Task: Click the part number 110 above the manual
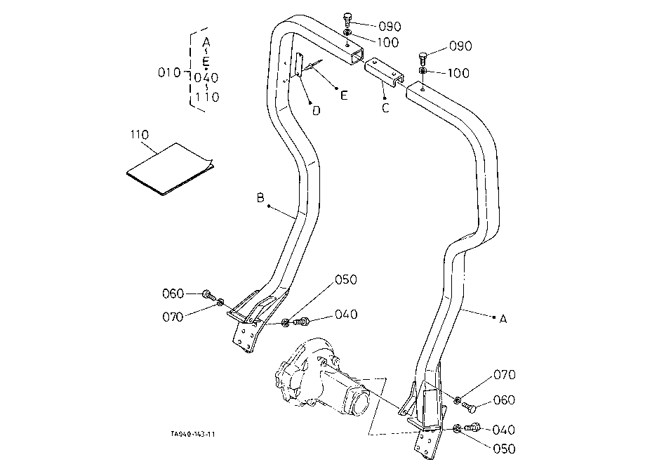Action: (140, 135)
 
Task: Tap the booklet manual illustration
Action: (170, 169)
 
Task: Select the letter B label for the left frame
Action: (260, 198)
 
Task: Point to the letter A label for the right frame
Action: (503, 319)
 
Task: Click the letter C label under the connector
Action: (385, 108)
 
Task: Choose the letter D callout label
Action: (316, 111)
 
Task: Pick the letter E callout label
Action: (344, 96)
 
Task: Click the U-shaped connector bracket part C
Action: (384, 72)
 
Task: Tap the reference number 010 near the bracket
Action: (169, 73)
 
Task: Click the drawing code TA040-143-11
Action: (193, 434)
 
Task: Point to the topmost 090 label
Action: (390, 27)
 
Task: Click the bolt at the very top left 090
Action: (347, 20)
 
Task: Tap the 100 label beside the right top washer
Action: (458, 73)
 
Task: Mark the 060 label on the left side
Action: (173, 293)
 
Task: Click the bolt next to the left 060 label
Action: (208, 295)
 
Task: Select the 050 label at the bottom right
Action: (504, 449)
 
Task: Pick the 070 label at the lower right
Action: (505, 375)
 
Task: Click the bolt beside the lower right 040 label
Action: (473, 428)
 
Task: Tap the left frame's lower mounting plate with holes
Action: (246, 336)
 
